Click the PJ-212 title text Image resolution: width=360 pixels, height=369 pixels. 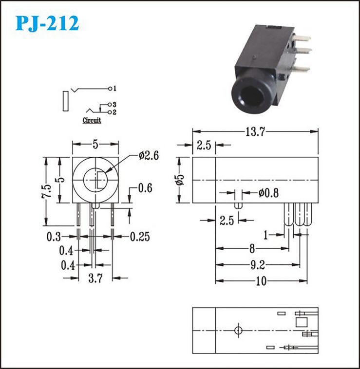(x=47, y=23)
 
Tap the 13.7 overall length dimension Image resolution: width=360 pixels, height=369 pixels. (x=255, y=131)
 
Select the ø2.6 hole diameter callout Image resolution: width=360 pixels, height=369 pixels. (x=149, y=156)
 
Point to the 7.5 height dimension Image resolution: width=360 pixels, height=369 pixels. (x=47, y=191)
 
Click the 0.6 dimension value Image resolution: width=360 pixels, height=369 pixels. (x=145, y=188)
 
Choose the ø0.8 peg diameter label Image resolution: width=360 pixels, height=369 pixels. (x=268, y=193)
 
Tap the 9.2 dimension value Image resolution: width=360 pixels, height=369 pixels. (x=258, y=265)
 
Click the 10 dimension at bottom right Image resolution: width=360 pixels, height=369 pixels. (x=261, y=281)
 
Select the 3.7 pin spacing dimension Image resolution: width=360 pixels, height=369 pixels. (x=95, y=278)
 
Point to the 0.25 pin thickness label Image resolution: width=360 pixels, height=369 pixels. (x=140, y=237)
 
